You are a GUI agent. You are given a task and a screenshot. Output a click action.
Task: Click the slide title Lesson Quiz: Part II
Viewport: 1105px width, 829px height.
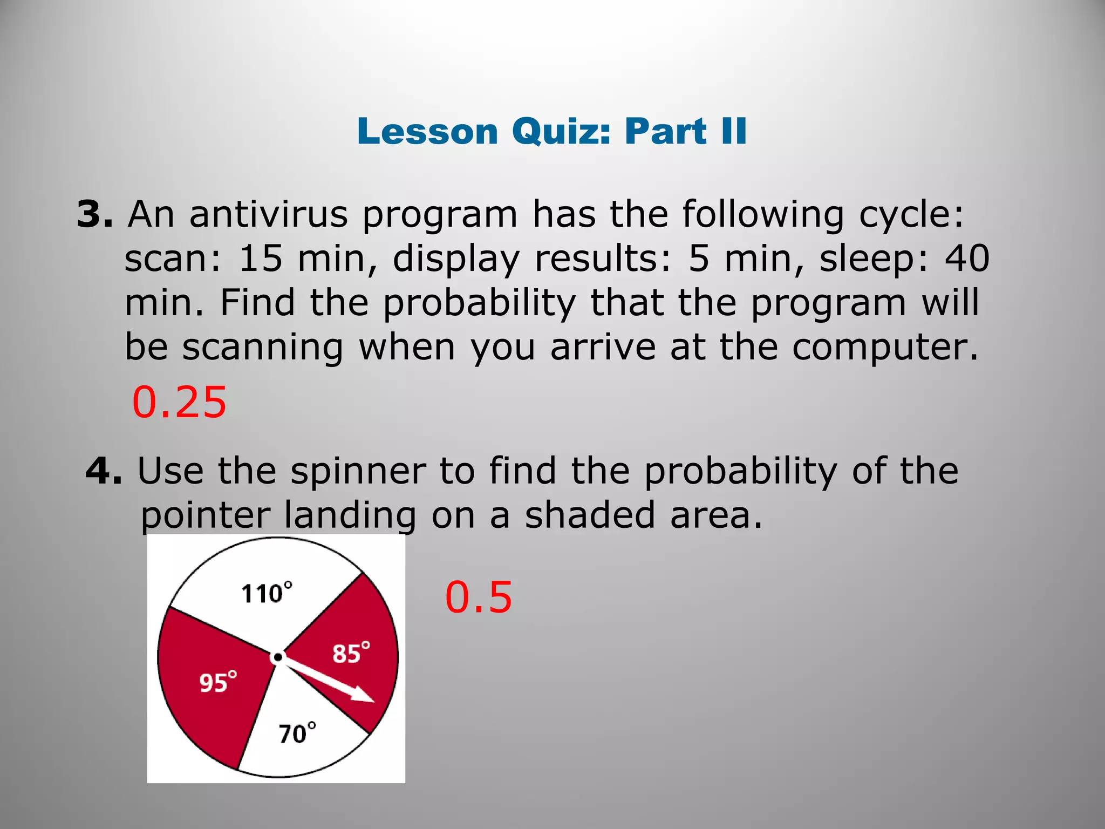click(551, 131)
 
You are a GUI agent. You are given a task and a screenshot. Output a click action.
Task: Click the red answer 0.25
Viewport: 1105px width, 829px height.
click(179, 403)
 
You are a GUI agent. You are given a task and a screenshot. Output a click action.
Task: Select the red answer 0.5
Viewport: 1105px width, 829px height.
click(478, 597)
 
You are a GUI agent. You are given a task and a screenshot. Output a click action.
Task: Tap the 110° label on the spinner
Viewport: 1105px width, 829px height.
click(267, 593)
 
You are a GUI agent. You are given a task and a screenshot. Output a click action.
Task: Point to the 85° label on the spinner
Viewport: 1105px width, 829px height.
click(351, 653)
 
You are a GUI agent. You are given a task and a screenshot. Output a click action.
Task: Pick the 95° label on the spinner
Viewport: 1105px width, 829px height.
click(218, 682)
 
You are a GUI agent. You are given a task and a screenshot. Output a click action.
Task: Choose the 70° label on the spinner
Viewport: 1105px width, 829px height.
click(297, 733)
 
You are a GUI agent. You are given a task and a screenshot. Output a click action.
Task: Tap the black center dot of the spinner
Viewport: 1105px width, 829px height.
click(277, 657)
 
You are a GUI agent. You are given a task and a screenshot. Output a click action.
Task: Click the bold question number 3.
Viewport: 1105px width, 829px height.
click(94, 214)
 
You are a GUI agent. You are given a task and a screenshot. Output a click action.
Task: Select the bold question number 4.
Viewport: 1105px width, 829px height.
click(104, 471)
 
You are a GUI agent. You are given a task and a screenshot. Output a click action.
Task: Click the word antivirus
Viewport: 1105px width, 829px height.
click(268, 214)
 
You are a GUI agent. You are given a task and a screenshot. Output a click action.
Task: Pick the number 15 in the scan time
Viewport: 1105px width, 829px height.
click(261, 259)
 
